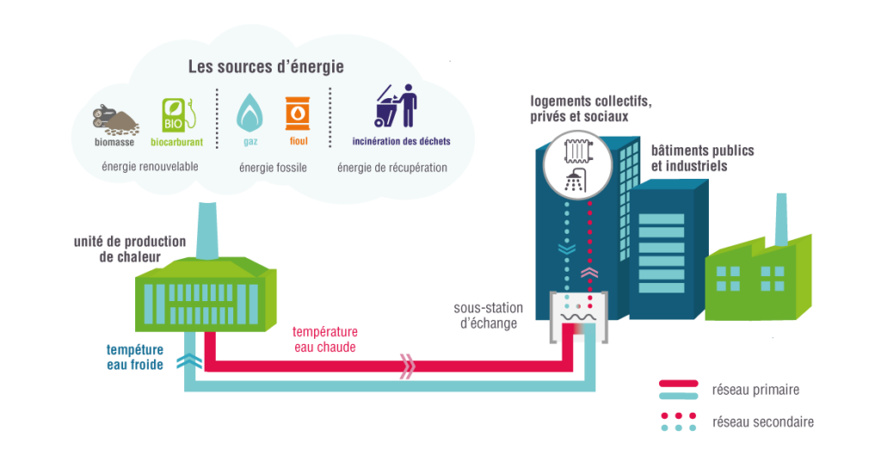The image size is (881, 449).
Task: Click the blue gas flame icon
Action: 250,112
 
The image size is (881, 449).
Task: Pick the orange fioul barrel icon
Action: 297,114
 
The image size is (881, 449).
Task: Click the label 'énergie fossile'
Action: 273,167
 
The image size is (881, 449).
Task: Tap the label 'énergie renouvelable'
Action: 151,166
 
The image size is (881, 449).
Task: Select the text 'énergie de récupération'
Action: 392,167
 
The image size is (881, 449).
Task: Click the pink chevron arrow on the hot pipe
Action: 408,366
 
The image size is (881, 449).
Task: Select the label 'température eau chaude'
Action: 324,339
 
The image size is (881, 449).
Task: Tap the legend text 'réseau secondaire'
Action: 762,422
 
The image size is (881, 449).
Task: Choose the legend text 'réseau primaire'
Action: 755,390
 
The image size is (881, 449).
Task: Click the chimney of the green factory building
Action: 782,220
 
